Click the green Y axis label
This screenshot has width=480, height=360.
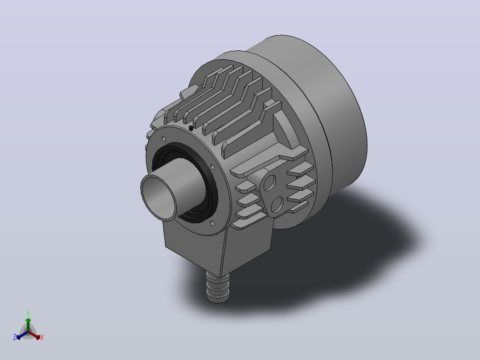point(28,314)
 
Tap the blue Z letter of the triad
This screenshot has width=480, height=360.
point(15,337)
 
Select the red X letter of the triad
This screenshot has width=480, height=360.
point(42,337)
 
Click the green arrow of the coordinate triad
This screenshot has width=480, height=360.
point(28,325)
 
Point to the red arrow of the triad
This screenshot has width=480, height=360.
point(34,335)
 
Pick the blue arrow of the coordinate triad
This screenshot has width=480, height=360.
point(22,335)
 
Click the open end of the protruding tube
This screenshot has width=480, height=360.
point(159,198)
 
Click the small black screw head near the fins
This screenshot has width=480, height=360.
point(191,128)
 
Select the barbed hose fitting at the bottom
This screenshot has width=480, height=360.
point(218,287)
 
